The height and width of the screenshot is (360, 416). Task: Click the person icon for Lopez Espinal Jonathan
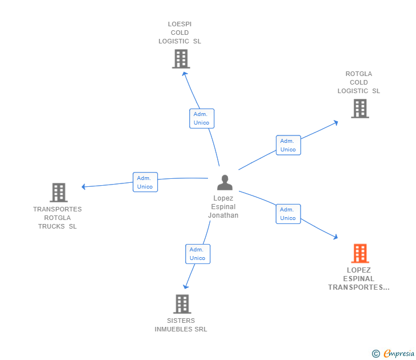(225, 182)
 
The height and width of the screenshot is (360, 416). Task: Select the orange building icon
(360, 253)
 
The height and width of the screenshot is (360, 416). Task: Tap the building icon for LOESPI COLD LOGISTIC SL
(181, 59)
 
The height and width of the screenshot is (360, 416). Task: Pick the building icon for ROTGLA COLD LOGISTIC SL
(360, 109)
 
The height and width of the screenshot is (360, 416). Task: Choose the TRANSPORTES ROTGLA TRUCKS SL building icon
(59, 193)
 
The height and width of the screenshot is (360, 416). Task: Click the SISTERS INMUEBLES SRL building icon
(182, 304)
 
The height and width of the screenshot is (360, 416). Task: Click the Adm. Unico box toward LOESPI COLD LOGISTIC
(202, 119)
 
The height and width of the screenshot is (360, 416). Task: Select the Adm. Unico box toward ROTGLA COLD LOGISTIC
(289, 145)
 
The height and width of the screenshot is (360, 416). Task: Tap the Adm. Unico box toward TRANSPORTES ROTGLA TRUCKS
(145, 182)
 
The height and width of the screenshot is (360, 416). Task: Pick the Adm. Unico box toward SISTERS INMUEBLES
(198, 254)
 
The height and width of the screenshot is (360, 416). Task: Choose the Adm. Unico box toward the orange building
(288, 214)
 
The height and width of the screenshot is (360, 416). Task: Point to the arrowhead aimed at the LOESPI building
(184, 74)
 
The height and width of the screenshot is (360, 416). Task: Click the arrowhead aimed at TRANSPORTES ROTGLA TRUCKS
(83, 187)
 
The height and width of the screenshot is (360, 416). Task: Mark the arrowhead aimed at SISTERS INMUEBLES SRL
(186, 287)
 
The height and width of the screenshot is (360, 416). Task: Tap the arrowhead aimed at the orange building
(336, 237)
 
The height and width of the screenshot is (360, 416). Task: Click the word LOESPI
(179, 24)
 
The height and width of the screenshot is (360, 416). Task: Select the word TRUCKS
(51, 226)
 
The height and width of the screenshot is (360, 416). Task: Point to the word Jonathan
(223, 215)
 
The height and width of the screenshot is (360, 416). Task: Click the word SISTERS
(181, 321)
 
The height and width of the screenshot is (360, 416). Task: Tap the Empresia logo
(393, 353)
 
